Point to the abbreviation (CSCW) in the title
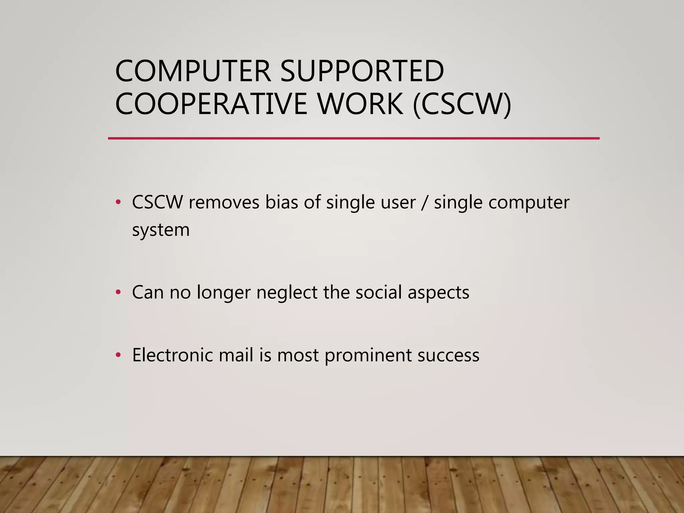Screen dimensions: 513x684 [x=462, y=104]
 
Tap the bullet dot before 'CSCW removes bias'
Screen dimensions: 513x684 [x=118, y=202]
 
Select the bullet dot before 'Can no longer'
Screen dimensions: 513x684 [x=118, y=292]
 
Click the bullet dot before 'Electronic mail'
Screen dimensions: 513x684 [x=118, y=355]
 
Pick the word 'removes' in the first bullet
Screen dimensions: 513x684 [x=224, y=202]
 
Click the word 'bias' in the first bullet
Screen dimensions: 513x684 [x=281, y=202]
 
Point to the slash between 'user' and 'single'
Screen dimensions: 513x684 [x=424, y=202]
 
